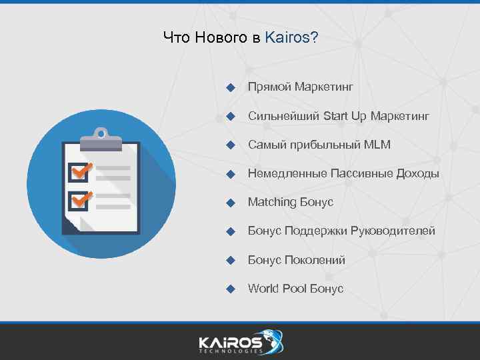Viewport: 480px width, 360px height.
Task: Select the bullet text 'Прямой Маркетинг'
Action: point(300,87)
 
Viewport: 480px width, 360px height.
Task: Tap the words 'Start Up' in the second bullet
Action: point(345,116)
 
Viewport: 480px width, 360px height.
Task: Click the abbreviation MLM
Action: point(377,145)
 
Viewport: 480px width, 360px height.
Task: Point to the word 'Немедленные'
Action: point(287,174)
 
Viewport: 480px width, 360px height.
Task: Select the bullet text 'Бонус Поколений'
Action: point(296,260)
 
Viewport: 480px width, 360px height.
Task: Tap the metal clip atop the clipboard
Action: point(101,139)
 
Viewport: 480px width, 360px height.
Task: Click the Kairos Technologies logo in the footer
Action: point(240,341)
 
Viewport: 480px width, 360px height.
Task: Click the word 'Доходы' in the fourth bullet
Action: point(418,174)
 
